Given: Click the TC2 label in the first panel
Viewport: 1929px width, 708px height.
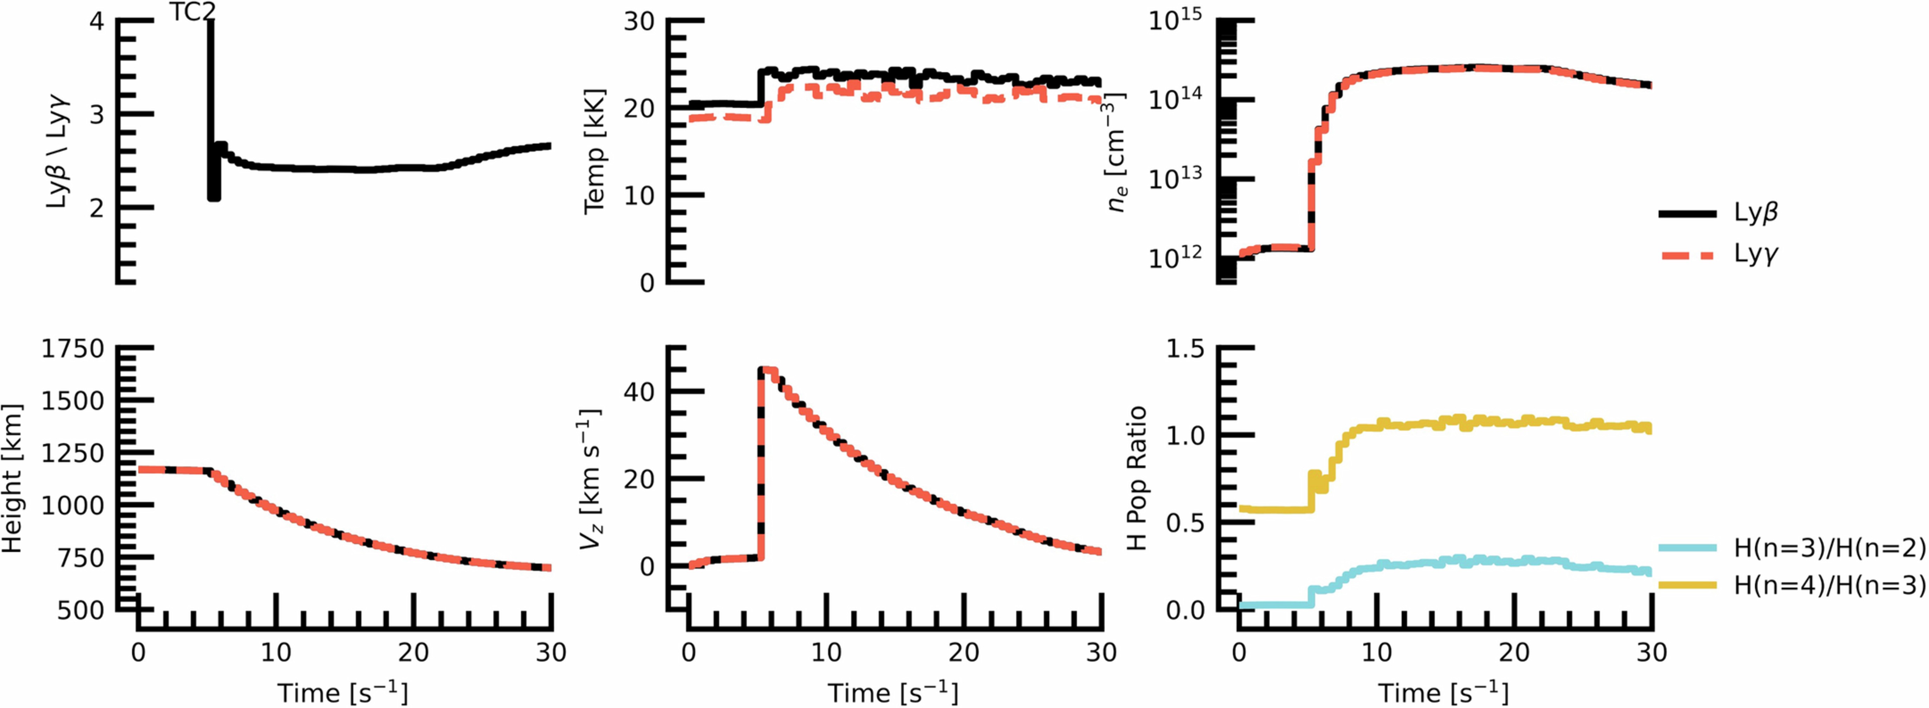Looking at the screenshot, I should pos(192,12).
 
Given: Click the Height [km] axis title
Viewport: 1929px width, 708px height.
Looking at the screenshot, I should pos(13,479).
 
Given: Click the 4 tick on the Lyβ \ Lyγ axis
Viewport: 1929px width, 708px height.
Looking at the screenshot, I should pos(97,21).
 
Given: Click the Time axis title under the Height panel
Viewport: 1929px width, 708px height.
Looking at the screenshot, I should pos(343,692).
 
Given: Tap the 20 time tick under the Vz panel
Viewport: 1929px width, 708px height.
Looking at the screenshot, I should pos(964,653).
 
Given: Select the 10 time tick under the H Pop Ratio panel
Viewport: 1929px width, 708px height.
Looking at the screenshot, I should pos(1376,653).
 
